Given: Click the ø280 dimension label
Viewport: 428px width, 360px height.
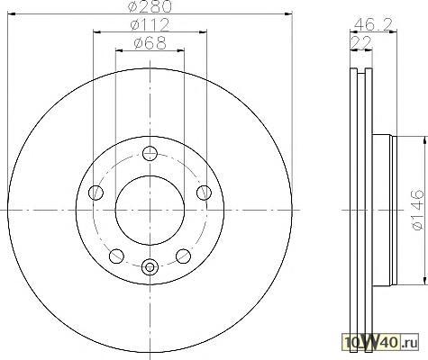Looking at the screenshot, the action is (x=150, y=6).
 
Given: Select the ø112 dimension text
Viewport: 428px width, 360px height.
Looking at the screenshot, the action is (x=150, y=25).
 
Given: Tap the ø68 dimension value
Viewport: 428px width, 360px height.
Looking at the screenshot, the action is (x=150, y=43).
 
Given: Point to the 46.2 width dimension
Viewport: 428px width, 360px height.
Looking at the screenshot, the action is (x=374, y=24).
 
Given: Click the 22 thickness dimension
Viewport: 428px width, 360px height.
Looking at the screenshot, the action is (x=360, y=43).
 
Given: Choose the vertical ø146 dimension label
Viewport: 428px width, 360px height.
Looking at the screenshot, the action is (x=418, y=210).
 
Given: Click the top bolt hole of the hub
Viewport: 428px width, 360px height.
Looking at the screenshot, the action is (x=150, y=153).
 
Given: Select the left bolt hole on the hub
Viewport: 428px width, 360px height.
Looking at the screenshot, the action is (x=96, y=193).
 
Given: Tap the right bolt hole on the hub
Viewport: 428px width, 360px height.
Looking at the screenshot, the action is (x=204, y=193).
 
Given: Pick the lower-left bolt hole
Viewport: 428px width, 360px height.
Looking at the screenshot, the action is (x=116, y=256).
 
